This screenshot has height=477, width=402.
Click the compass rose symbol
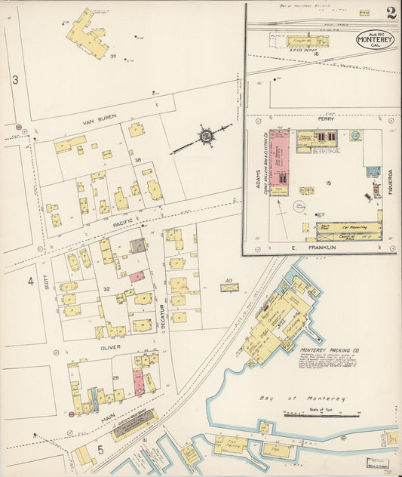point(205,136)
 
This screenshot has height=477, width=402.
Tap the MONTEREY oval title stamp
point(375,39)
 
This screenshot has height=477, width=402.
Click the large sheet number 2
point(391,12)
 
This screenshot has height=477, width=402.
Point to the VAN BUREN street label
point(97,120)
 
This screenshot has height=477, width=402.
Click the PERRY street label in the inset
point(326,119)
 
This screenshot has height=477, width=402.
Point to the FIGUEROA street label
point(392,182)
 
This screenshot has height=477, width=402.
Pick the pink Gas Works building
point(279,162)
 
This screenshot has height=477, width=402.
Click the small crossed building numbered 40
point(229,288)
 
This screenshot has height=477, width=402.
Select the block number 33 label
point(113,56)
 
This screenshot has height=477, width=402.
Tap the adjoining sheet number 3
point(14,79)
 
